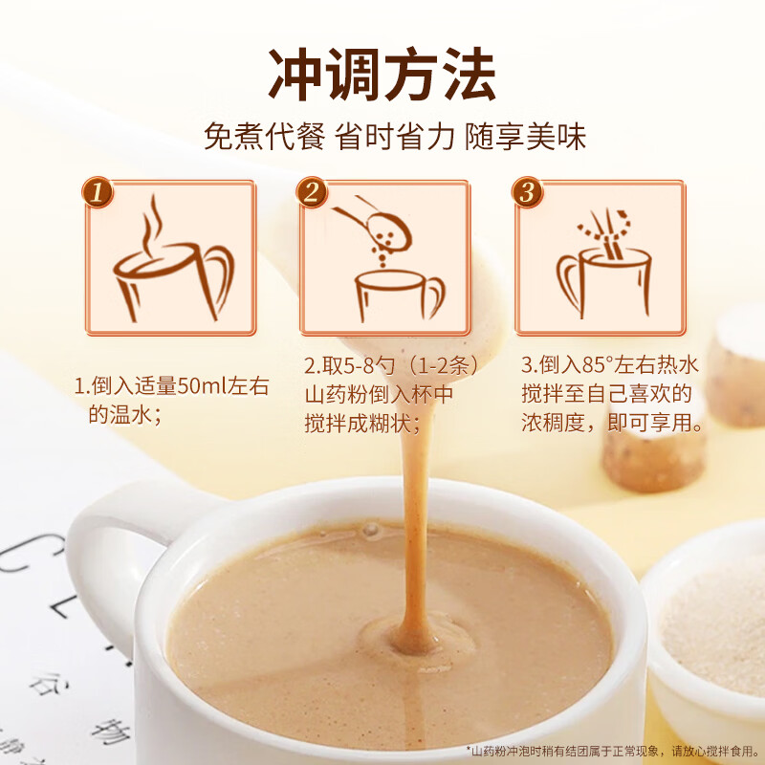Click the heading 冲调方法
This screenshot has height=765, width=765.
pyautogui.click(x=382, y=75)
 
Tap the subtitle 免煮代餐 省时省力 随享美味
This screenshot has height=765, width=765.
pyautogui.click(x=395, y=136)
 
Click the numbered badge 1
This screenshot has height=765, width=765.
pyautogui.click(x=98, y=192)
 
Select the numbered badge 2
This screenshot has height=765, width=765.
pyautogui.click(x=312, y=192)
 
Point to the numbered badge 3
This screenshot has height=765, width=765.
pyautogui.click(x=528, y=192)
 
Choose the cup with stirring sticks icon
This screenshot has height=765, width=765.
pyautogui.click(x=604, y=264)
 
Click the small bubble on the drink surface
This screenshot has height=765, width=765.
pyautogui.click(x=370, y=529)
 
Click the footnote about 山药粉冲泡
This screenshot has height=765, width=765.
pyautogui.click(x=612, y=751)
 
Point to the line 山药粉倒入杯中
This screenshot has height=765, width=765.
pyautogui.click(x=379, y=395)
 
